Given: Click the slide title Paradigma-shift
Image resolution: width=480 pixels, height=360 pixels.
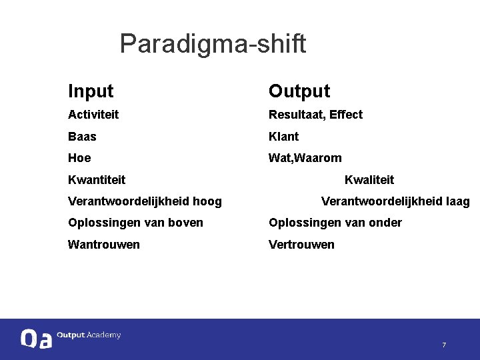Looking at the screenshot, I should coord(213,44).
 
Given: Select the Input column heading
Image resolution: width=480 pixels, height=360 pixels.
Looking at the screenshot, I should coord(91,91).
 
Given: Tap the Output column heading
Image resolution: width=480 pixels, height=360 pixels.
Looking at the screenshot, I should coord(299,91).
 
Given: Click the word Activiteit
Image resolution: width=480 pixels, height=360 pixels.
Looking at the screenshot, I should coord(93,115).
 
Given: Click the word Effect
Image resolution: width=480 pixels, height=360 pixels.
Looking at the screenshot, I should coord(346,115).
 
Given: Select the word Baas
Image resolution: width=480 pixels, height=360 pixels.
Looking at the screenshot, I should coord(82,137).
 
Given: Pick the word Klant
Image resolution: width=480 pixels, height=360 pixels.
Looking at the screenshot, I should coord(283,137).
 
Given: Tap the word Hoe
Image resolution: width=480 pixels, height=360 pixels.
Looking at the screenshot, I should coord(79,158).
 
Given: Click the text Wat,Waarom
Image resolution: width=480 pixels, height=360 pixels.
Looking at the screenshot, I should coord(305,158).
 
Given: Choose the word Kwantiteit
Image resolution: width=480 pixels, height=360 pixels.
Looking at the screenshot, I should coord(97,180).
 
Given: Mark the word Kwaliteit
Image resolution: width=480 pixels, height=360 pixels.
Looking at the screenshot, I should coord(369,180).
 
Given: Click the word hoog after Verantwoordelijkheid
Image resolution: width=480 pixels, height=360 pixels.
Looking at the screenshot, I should coord(207,201).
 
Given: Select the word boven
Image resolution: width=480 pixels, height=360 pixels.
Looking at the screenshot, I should coord(187,223).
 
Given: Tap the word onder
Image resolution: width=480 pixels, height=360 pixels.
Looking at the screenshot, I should coord(385,223).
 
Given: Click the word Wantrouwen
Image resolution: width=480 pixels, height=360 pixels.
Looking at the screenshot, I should coord(104,245).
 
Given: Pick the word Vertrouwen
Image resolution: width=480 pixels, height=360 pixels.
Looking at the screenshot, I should coord(301,245).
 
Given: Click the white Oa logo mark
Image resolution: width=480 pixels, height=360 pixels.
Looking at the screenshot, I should coord(35,339).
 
